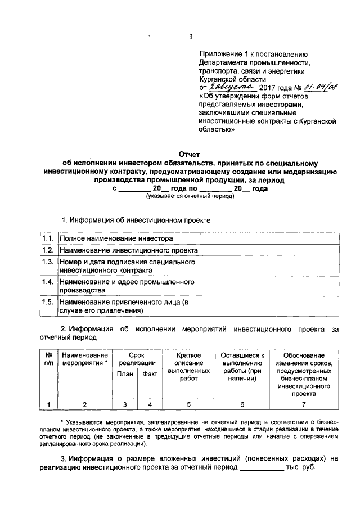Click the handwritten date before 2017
[x=232, y=87]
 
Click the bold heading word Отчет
[x=189, y=155]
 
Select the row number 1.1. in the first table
[x=48, y=238]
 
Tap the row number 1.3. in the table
[x=48, y=262]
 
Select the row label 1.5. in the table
[x=48, y=302]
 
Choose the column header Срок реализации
[x=137, y=359]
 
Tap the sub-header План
[x=124, y=374]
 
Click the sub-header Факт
[x=149, y=374]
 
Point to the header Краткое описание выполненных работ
[x=189, y=367]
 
